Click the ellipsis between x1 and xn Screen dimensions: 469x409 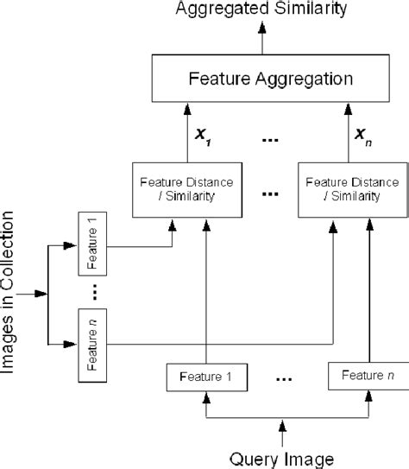coord(270,136)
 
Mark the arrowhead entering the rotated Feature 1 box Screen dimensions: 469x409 coord(72,244)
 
